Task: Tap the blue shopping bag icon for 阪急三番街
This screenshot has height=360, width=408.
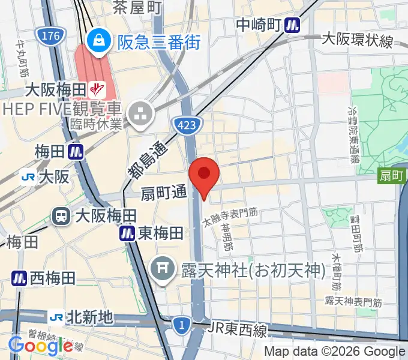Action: (97, 41)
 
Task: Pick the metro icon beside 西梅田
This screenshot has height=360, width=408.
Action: (19, 278)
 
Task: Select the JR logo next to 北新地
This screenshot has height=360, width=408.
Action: (57, 316)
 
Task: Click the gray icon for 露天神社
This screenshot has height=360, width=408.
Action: (163, 264)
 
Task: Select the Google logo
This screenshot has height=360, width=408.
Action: (40, 346)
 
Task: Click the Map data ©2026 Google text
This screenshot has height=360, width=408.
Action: (335, 352)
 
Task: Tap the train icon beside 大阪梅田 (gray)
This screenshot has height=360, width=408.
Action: (61, 215)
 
